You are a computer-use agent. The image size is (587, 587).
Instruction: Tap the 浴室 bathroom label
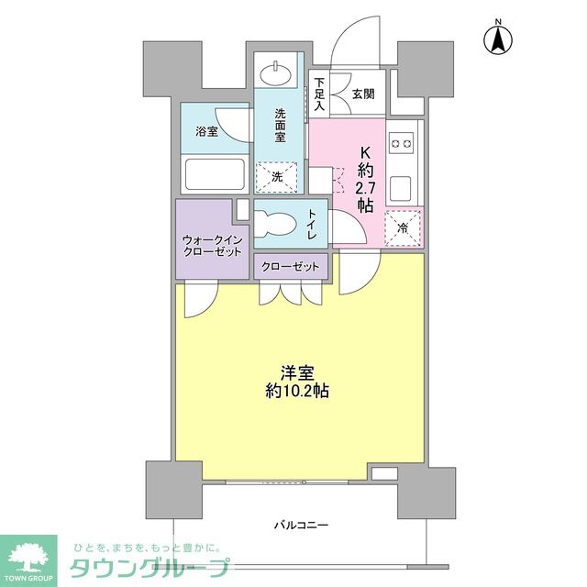pos(205,132)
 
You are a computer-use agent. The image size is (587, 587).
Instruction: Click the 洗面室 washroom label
pos(281,126)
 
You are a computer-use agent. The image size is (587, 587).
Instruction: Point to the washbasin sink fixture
pos(274,73)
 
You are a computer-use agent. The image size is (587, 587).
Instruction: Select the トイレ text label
pos(312,224)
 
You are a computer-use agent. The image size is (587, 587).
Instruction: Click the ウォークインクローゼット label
pos(212,246)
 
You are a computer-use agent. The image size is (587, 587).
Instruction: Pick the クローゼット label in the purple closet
pos(289,267)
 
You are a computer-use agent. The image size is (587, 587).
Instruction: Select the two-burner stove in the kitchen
pos(402,143)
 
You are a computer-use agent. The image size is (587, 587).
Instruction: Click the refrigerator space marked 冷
pos(402,228)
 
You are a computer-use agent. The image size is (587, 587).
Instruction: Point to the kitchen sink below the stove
pos(402,188)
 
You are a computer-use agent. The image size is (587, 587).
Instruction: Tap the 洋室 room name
pos(298,372)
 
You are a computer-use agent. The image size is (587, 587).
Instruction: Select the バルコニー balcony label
pos(301,526)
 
